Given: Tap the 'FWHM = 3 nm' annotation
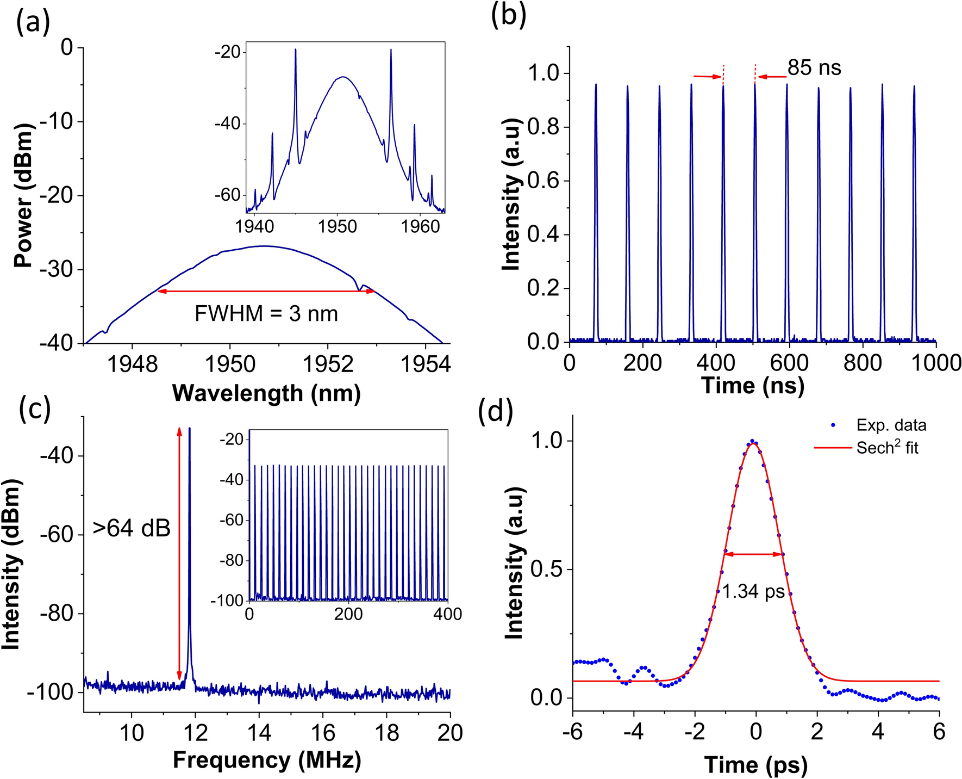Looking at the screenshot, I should tap(266, 314).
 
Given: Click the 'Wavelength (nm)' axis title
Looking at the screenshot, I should tap(266, 393).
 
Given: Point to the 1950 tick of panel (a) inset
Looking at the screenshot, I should tap(338, 226).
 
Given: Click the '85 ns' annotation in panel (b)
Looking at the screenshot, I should tap(814, 68).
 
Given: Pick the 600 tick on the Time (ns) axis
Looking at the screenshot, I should tap(789, 362).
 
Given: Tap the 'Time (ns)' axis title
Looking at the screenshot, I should tap(753, 385).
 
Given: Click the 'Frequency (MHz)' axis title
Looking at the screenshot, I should tap(267, 760).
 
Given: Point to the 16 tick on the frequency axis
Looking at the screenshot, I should tap(323, 733).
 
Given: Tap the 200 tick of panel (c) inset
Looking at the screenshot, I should tap(348, 614).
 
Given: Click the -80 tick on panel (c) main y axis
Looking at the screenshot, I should tap(57, 614).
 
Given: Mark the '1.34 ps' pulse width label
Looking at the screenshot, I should tap(753, 591).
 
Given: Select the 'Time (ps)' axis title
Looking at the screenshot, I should tap(756, 765).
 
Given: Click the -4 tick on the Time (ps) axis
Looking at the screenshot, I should tap(634, 732).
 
